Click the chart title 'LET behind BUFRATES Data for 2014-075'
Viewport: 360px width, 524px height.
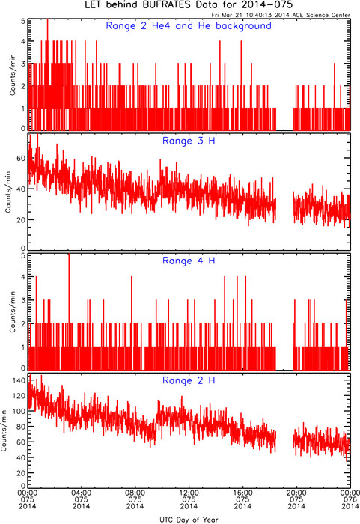click(x=189, y=4)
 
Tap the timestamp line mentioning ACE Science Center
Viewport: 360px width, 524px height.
click(x=281, y=15)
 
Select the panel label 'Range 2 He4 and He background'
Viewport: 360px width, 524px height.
click(x=189, y=26)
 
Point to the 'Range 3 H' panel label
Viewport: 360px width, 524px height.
click(x=189, y=141)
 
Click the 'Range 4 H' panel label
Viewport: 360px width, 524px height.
click(x=189, y=261)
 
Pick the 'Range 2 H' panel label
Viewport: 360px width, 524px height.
click(x=189, y=380)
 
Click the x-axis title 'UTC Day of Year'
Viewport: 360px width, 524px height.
click(x=189, y=520)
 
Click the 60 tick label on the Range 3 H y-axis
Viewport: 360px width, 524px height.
click(x=21, y=158)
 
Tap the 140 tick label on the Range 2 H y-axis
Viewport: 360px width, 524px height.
click(x=19, y=380)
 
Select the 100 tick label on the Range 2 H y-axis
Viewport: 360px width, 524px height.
click(x=19, y=411)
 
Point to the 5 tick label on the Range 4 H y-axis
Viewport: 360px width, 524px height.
click(x=23, y=256)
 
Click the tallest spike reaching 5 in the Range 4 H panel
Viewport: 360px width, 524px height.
click(x=69, y=311)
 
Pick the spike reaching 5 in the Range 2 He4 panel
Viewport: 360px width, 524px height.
click(x=47, y=73)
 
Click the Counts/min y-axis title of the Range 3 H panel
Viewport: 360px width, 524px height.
click(x=8, y=192)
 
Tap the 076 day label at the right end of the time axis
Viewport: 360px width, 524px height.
click(x=350, y=499)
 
